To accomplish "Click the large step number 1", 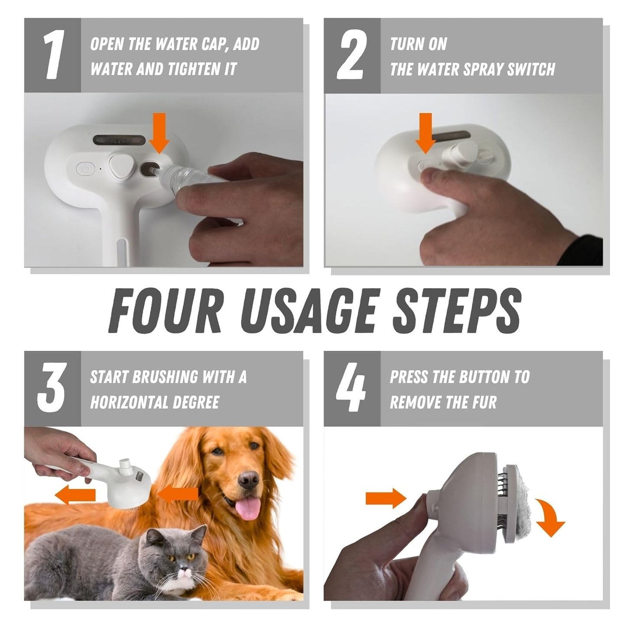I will point(53,55).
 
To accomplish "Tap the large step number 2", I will point(352,55).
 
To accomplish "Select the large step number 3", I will point(52,388).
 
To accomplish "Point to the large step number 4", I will point(351,388).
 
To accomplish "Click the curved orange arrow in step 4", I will point(550,518).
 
